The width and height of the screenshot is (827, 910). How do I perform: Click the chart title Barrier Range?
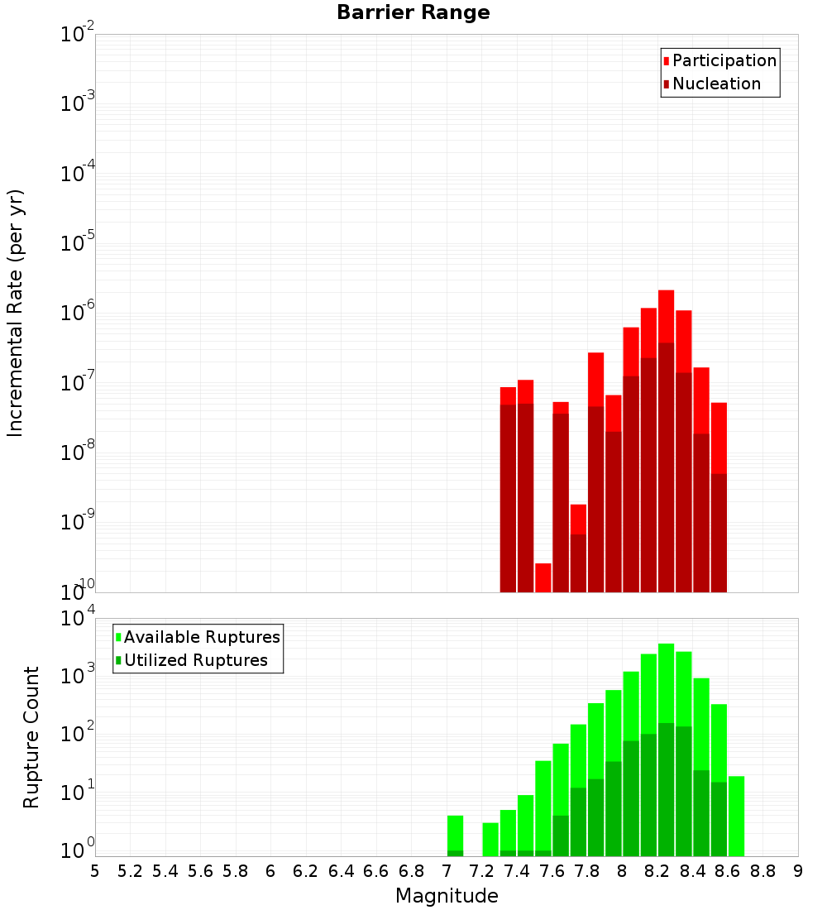click(413, 13)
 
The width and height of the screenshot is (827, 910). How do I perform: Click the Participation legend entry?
click(724, 61)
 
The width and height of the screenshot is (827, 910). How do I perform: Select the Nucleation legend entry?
click(716, 84)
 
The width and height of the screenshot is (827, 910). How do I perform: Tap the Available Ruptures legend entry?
click(202, 638)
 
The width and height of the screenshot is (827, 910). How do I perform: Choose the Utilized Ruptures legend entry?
click(195, 661)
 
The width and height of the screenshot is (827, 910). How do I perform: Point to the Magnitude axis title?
click(447, 896)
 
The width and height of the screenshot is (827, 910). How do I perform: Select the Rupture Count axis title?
click(31, 736)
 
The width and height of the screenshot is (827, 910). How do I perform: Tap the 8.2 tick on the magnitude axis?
click(657, 871)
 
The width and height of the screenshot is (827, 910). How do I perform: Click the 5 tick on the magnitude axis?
click(95, 871)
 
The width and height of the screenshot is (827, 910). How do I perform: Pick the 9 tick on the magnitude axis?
click(798, 871)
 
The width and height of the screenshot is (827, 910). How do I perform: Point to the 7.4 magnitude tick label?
click(517, 871)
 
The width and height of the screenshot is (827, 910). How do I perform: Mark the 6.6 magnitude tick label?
click(376, 871)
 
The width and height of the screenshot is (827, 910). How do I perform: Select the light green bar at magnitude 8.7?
click(736, 815)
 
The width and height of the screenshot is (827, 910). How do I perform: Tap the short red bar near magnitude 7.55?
click(543, 577)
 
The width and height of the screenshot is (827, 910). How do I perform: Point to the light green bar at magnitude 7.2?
click(490, 839)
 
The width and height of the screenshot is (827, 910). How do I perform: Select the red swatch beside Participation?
click(667, 61)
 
